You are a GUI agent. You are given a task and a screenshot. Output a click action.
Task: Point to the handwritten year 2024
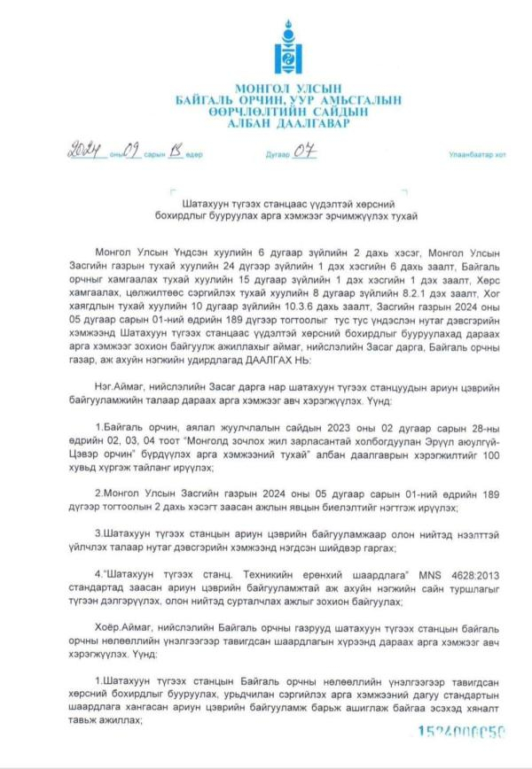86,151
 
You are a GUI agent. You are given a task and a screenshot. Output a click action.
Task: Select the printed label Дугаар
278,154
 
